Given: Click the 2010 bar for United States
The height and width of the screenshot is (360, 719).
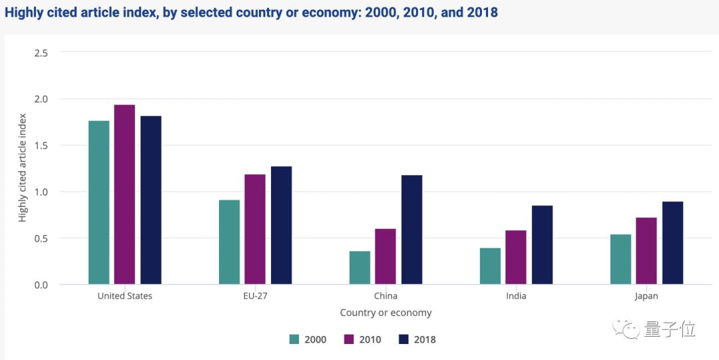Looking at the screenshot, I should pos(124,194).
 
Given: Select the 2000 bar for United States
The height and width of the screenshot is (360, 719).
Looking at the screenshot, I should pos(99,202).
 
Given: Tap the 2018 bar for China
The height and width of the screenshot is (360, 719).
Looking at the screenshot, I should pos(411,230).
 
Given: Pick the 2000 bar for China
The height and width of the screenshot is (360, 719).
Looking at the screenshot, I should pos(359,268).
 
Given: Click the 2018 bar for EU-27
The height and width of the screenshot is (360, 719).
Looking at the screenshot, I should pos(281,225).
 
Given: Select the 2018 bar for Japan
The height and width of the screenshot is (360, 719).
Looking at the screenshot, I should pos(672,243).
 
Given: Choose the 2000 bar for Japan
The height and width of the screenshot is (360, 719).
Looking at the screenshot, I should pos(620,260).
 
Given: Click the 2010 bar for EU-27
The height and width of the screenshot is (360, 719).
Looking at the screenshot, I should pos(255,229).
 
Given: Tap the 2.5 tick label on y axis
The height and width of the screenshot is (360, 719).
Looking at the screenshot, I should pos(41,53).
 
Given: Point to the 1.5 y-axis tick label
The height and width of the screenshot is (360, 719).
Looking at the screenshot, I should pos(41,145).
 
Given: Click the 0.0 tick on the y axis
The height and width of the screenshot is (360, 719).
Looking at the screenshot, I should pos(41,285).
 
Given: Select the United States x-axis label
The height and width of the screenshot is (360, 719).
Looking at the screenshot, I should pos(124,296).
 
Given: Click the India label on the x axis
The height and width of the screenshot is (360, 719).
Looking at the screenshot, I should pos(516,296).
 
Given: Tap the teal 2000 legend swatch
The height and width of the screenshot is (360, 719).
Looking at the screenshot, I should pos(294,339).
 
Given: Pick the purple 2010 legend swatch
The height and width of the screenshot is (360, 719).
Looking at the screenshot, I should pos(349,339).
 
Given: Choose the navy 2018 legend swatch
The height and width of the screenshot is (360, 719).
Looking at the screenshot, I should pos(403,339).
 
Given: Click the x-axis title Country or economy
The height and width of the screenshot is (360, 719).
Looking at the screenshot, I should pos(385,313).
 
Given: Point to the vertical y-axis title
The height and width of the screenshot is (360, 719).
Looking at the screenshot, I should pos(23,168).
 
